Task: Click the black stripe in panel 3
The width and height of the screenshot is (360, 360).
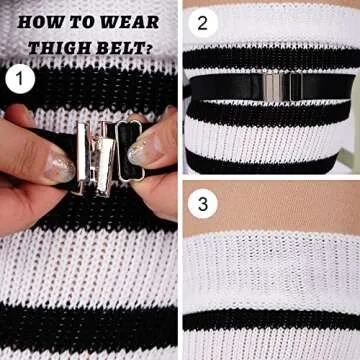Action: pos(270,322)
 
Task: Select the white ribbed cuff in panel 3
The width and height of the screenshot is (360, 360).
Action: pos(270,270)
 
